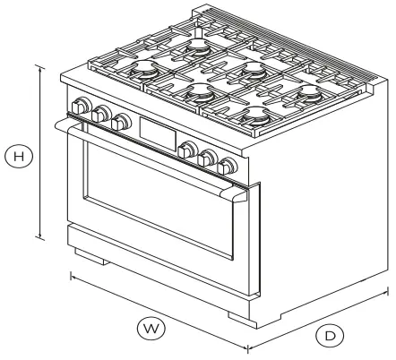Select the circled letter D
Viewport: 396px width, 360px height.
331,336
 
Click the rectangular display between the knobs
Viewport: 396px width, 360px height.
154,135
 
